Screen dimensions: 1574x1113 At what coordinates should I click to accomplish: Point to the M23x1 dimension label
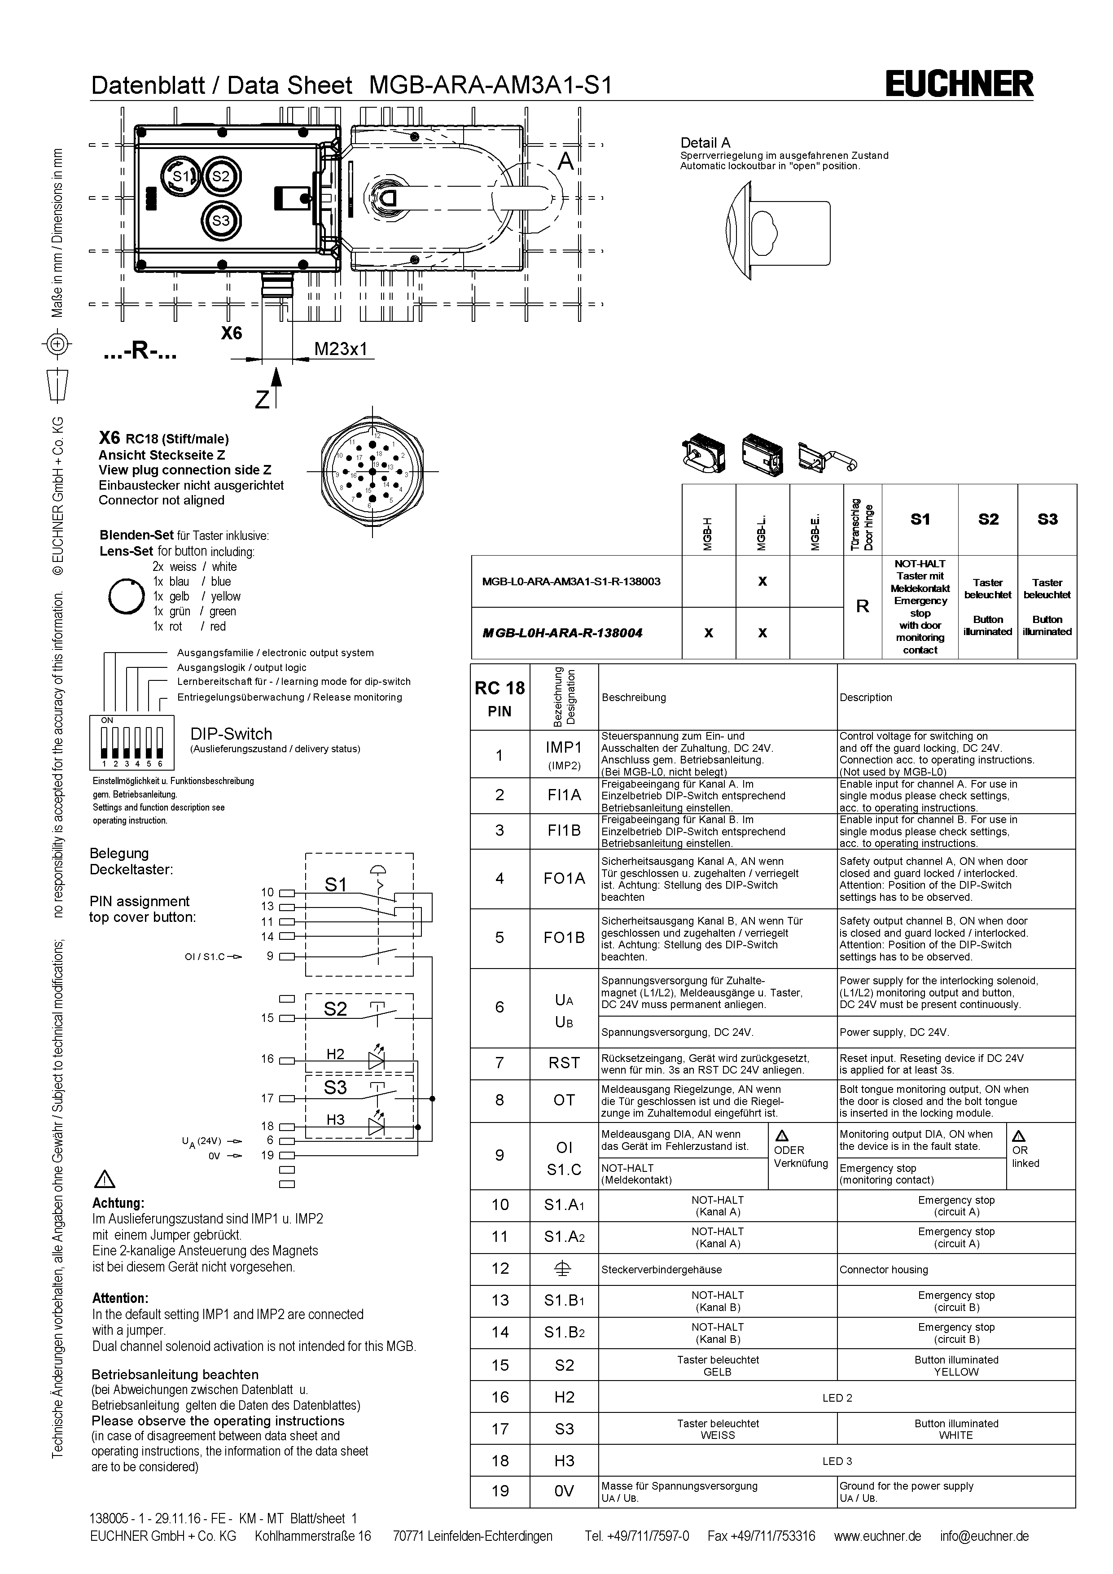pyautogui.click(x=341, y=349)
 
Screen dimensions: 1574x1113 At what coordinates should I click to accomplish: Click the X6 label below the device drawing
pyautogui.click(x=232, y=333)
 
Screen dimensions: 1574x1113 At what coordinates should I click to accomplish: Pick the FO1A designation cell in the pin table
pyautogui.click(x=564, y=878)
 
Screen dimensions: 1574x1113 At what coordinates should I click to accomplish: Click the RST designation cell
pyautogui.click(x=564, y=1063)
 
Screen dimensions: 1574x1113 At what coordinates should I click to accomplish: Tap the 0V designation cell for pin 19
pyautogui.click(x=564, y=1491)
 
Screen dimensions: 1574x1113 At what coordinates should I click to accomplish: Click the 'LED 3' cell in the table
pyautogui.click(x=837, y=1461)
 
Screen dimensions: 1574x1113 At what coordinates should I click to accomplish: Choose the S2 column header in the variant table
pyautogui.click(x=988, y=520)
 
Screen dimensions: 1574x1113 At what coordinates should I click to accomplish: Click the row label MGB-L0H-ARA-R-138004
pyautogui.click(x=562, y=633)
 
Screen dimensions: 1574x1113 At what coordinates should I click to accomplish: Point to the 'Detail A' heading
pyautogui.click(x=705, y=143)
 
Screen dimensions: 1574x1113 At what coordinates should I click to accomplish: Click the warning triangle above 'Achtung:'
pyautogui.click(x=105, y=1179)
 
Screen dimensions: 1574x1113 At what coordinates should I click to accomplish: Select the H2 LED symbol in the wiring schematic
pyautogui.click(x=376, y=1059)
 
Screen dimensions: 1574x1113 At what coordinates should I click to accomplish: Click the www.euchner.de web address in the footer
pyautogui.click(x=877, y=1536)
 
